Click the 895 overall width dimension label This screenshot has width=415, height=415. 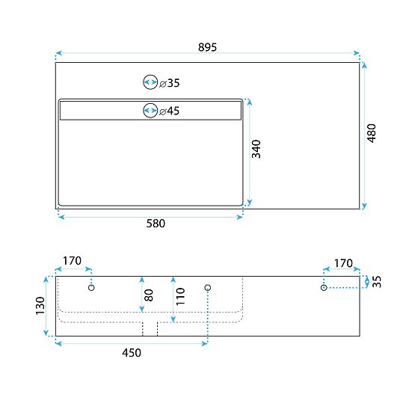tap(207, 46)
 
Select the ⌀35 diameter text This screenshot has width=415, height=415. tap(170, 83)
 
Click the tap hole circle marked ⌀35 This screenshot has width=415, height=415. tap(150, 83)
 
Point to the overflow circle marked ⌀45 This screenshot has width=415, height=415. tap(150, 111)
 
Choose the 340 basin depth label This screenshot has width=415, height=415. tap(256, 150)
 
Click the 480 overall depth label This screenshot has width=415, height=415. tap(372, 134)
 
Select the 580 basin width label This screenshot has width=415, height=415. tap(155, 223)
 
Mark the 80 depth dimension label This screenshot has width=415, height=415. tap(149, 295)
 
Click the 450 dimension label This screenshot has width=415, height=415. tap(130, 352)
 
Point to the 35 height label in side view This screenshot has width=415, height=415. tap(377, 282)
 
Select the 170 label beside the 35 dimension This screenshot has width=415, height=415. tap(342, 262)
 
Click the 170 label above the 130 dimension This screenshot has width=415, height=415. tap(72, 261)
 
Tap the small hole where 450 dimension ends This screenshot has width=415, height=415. tap(208, 287)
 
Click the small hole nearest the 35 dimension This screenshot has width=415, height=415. tap(324, 287)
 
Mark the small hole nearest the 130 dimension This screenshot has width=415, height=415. tap(91, 287)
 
